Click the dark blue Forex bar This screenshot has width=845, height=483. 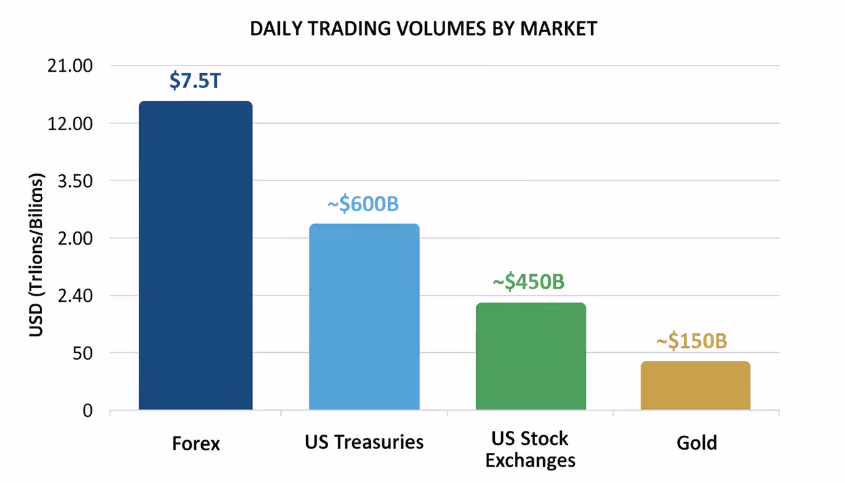point(196,255)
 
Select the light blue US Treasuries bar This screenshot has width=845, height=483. point(364,317)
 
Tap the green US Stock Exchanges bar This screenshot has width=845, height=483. point(531,356)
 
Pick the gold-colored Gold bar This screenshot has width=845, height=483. point(695,386)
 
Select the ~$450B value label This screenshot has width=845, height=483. point(528,282)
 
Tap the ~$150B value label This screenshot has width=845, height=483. point(692,341)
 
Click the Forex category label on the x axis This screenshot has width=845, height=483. point(196,443)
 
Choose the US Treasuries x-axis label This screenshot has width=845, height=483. point(364,441)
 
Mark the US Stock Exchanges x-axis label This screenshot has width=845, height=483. point(531,449)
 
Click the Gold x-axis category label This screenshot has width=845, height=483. point(697,443)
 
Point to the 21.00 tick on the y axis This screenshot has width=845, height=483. point(70,66)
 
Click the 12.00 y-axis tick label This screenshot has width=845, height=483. point(70,123)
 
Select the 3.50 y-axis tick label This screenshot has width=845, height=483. point(74,181)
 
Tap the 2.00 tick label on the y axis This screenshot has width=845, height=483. point(74,238)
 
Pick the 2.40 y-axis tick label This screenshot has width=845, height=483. point(74,296)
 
